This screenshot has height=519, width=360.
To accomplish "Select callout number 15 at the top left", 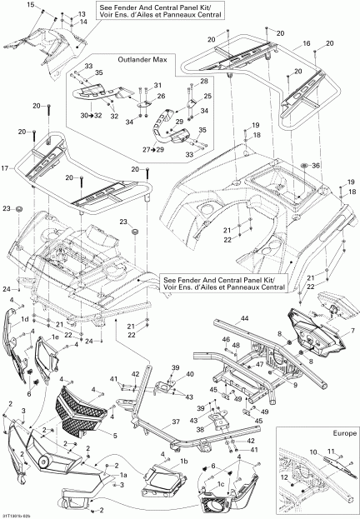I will (x=31, y=6).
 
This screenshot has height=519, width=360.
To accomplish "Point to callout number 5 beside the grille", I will (x=115, y=435).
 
